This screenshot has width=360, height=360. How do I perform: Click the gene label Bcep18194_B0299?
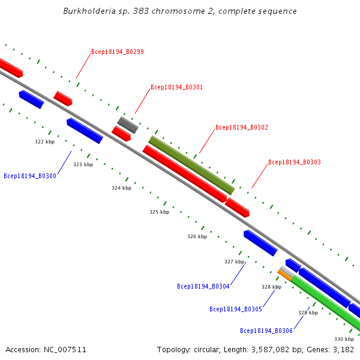point(118,52)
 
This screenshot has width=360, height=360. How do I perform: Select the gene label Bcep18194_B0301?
point(177,87)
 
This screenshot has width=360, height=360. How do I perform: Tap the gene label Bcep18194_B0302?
point(242,127)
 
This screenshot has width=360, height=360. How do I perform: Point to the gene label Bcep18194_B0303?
point(295,162)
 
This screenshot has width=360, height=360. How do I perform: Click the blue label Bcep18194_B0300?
point(30,176)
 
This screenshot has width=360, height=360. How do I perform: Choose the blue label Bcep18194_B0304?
point(203,286)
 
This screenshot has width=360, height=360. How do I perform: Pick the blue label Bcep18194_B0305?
point(236,309)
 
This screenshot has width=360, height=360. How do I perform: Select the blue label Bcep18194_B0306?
point(266,331)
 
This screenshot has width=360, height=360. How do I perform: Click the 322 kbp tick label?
point(44,142)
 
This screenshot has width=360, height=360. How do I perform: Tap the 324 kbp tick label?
point(121,188)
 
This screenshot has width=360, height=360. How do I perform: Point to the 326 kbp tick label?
point(197,236)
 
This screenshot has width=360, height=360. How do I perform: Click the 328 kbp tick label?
point(271,287)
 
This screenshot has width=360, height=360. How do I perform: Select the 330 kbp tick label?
point(344,340)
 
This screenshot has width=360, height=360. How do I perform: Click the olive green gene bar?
point(191,165)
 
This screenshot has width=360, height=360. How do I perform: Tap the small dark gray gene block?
point(128,125)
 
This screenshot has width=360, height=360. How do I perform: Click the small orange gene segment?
point(284,275)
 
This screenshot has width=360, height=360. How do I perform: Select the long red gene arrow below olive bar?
point(184,173)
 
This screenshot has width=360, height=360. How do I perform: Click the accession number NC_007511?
point(64,349)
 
